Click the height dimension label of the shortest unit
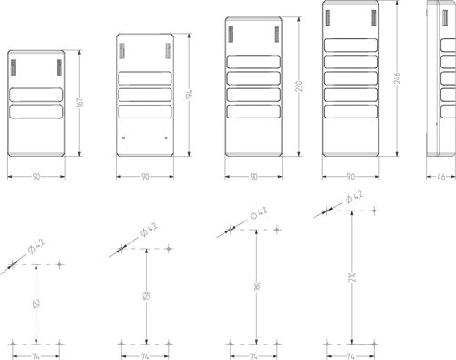(x=79, y=103)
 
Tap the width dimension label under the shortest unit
(x=36, y=176)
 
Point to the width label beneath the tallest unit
(x=350, y=176)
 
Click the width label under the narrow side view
(x=441, y=176)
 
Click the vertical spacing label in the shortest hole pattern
(x=36, y=303)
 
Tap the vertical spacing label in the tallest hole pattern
(x=351, y=277)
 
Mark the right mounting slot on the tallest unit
(x=373, y=15)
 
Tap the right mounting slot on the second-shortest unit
(x=166, y=49)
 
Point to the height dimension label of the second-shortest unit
(x=188, y=95)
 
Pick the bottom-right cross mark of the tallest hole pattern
(x=374, y=344)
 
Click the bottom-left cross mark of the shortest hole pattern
(x=12, y=344)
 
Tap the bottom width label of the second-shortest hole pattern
(x=145, y=354)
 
